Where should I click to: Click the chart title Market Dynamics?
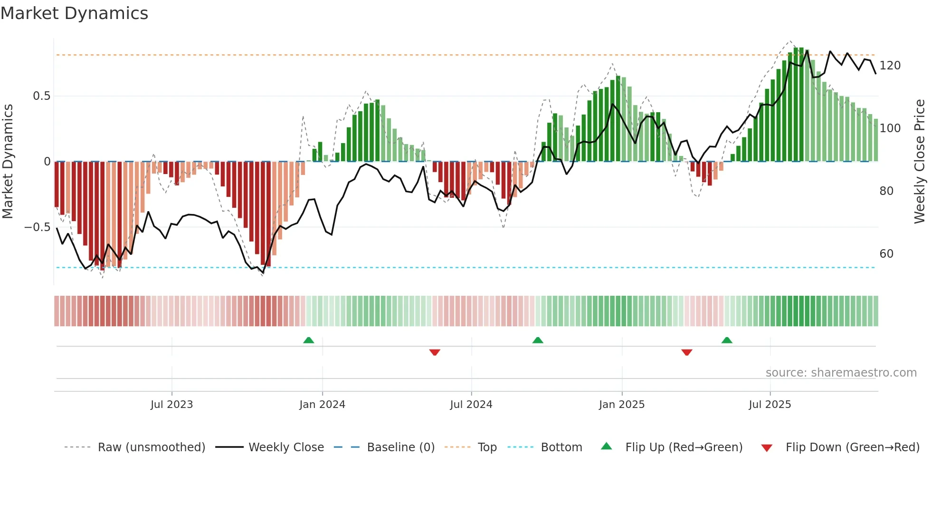74,13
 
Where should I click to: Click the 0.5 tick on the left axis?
41,96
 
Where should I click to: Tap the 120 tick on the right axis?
890,66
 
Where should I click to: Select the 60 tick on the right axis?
886,254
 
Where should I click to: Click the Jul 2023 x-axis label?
171,405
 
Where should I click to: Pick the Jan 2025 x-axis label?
621,405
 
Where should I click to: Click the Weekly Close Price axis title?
920,162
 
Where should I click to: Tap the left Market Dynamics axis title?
8,162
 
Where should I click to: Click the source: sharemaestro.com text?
841,373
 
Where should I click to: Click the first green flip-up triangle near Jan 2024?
309,340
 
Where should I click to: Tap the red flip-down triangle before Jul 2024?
435,352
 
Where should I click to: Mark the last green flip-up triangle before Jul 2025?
727,340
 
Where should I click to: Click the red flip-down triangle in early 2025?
687,352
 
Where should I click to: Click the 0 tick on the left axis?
47,162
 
